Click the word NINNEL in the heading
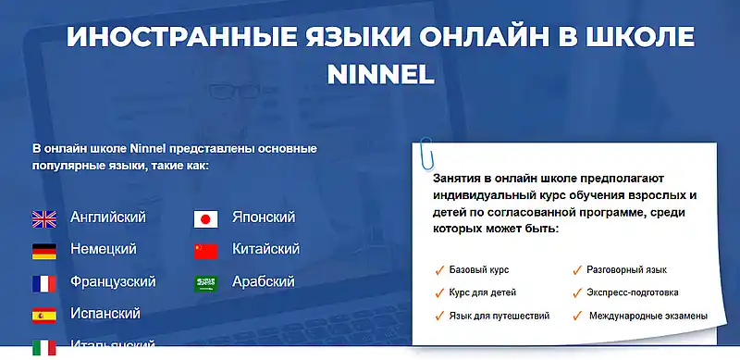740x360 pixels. (381, 73)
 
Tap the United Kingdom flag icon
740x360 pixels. (43, 218)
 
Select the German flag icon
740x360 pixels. (43, 251)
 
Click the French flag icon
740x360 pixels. (43, 283)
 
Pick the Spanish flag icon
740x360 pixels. (43, 316)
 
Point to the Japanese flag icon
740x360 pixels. (205, 218)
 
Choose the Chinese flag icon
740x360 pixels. (205, 251)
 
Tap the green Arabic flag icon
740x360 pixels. (205, 283)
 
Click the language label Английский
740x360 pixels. (108, 217)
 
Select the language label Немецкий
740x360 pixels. (104, 249)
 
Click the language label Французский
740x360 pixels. (113, 281)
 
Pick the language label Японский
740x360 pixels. (264, 217)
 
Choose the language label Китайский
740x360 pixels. (265, 249)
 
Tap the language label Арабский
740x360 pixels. (263, 281)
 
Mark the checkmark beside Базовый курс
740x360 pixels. (439, 271)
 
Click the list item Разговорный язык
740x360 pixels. (626, 270)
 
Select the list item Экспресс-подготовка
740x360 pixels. (632, 292)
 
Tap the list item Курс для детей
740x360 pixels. (483, 292)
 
